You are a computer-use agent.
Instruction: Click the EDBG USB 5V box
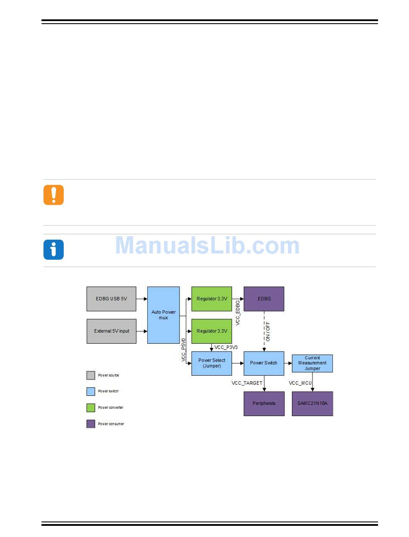[x=111, y=299]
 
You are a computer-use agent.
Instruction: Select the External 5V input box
[x=111, y=331]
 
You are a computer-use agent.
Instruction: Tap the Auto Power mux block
[x=163, y=315]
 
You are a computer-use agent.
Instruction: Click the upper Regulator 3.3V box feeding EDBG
[x=211, y=299]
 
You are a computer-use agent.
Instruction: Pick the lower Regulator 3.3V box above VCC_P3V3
[x=211, y=331]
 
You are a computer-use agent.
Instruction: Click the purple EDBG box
[x=264, y=299]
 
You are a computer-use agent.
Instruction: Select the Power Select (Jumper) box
[x=211, y=363]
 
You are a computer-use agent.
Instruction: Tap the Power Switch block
[x=263, y=363]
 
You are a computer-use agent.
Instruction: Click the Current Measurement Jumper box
[x=312, y=363]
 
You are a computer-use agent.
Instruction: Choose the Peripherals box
[x=264, y=404]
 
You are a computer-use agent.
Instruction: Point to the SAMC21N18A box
[x=312, y=404]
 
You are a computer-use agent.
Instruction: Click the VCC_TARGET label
[x=247, y=383]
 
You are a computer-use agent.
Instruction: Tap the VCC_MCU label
[x=300, y=383]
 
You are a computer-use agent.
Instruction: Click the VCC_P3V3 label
[x=226, y=347]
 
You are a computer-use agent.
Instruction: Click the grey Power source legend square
[x=91, y=375]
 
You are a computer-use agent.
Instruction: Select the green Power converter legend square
[x=91, y=407]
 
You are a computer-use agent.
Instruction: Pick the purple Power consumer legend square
[x=91, y=424]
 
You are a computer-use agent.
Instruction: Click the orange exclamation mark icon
[x=53, y=195]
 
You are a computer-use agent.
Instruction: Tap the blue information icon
[x=53, y=250]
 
